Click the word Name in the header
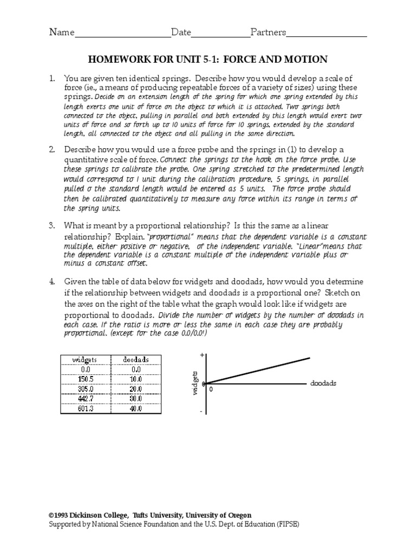tap(61, 32)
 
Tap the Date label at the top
tap(181, 32)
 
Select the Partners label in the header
tap(268, 32)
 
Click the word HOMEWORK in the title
tap(116, 59)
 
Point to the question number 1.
tap(52, 78)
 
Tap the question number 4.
tap(52, 282)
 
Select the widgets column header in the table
tap(85, 359)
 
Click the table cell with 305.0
tap(85, 390)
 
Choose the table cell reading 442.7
tap(85, 399)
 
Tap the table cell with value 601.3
tap(85, 409)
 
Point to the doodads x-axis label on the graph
tap(323, 382)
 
